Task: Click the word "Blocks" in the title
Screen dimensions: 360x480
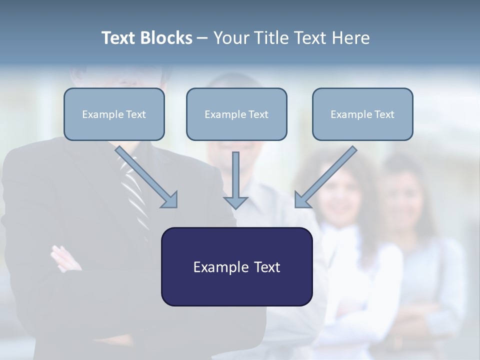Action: click(167, 38)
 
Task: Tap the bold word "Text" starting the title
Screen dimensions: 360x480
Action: click(120, 38)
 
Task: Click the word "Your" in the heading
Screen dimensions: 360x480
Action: click(230, 38)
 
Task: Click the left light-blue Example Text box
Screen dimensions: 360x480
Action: click(114, 114)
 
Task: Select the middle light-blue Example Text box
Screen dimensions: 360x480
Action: click(236, 114)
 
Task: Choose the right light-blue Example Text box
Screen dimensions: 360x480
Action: click(362, 114)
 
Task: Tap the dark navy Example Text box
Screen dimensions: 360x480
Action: click(236, 267)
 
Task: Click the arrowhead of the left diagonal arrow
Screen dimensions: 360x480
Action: click(170, 200)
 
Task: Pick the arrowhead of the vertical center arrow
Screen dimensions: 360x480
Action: click(235, 202)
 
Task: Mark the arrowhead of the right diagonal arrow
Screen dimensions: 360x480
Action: click(302, 200)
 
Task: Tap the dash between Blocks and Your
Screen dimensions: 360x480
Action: click(202, 38)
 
